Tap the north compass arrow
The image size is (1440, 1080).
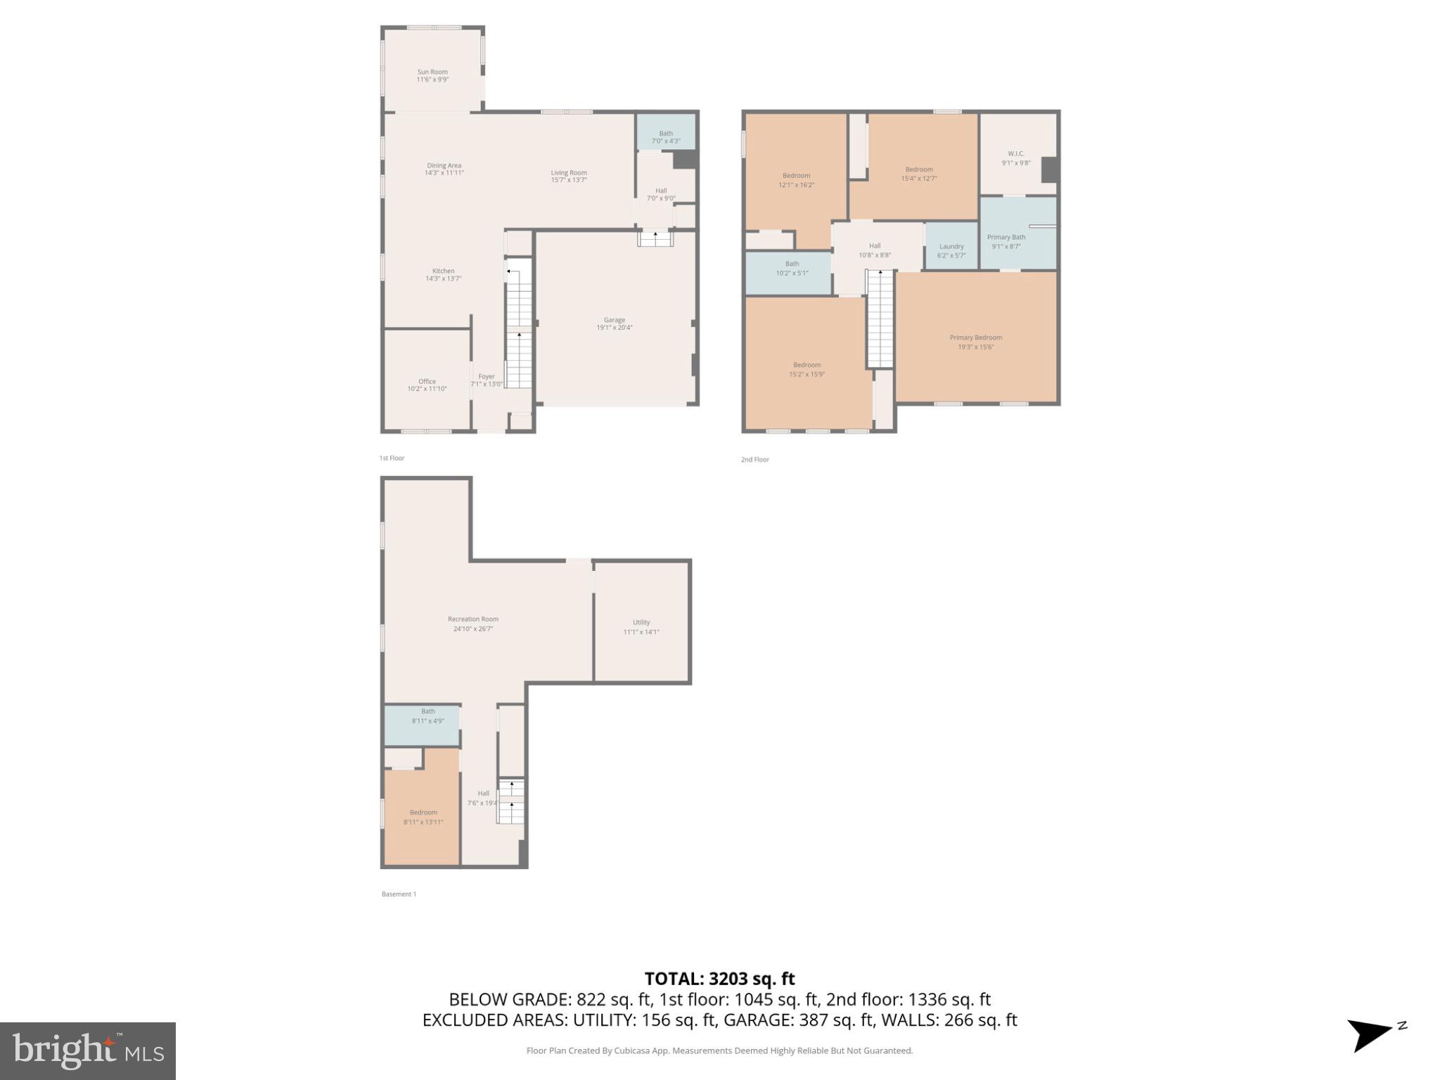pos(1370,1035)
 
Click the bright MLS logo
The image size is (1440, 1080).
pos(88,1050)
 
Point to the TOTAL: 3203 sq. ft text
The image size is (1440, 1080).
pos(719,979)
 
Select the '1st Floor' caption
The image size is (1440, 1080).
pos(392,458)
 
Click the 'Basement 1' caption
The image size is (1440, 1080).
pos(399,894)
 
